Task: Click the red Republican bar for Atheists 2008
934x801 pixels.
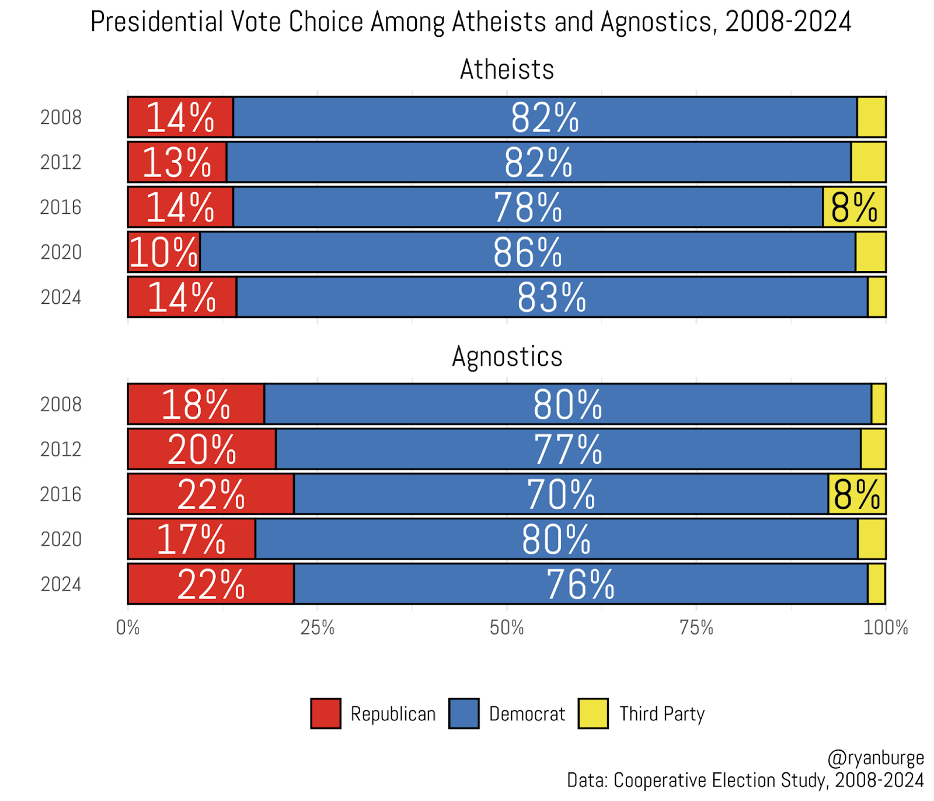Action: tap(180, 117)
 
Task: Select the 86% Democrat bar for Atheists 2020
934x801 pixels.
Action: tap(528, 252)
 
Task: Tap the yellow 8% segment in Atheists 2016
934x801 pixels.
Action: tap(854, 207)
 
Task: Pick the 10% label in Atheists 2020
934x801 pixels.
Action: tap(164, 252)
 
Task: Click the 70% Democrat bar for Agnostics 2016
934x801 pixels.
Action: tap(560, 494)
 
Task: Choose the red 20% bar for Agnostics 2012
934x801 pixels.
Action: tap(201, 449)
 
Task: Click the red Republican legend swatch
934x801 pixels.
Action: tap(326, 713)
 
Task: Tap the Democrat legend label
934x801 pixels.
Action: tap(527, 714)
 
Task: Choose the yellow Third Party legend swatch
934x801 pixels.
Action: tap(593, 713)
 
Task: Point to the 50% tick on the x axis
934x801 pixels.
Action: tap(507, 628)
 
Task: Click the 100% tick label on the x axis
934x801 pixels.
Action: tap(886, 628)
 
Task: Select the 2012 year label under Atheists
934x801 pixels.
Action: tap(61, 162)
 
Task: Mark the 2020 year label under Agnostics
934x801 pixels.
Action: tap(61, 539)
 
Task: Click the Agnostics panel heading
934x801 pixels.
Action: tap(507, 356)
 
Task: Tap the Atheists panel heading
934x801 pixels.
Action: tap(507, 70)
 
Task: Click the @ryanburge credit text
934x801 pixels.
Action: tap(876, 758)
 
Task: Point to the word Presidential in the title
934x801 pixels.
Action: tap(157, 22)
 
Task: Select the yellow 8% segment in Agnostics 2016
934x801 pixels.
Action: tap(856, 494)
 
